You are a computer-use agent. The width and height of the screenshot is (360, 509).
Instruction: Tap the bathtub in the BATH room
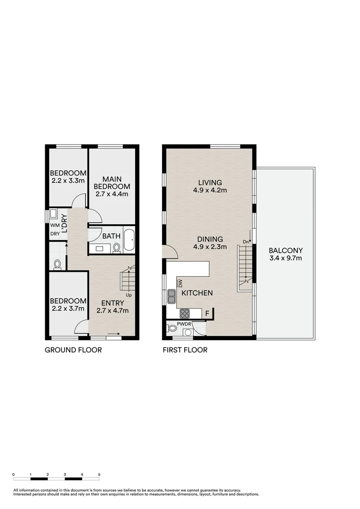pos(129,241)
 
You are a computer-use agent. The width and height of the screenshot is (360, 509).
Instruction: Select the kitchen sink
pos(172,295)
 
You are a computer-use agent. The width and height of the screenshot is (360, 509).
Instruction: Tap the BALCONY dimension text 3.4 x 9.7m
pos(285,258)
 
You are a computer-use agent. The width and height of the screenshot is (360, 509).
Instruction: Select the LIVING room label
pos(210,182)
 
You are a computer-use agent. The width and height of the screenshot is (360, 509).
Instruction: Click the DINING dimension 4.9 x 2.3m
pos(210,246)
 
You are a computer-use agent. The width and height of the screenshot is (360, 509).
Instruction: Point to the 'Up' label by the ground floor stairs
pos(128,295)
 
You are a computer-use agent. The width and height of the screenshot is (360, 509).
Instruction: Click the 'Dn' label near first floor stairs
pos(245,242)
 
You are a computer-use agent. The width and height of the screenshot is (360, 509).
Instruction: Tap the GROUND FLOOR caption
pos(73,350)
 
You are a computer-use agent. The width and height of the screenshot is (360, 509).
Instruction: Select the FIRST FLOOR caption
pos(185,350)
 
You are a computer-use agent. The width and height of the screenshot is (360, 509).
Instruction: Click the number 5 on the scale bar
pos(99,475)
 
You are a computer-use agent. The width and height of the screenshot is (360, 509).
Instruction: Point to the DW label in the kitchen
pos(180,283)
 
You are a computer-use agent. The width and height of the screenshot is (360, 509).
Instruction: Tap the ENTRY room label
pos(112,303)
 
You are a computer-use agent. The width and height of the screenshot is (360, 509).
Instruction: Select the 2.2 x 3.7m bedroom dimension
pos(68,309)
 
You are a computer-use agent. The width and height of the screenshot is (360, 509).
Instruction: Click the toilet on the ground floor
pos(57,264)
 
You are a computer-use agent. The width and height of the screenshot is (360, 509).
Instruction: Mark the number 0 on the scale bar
pos(14,475)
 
